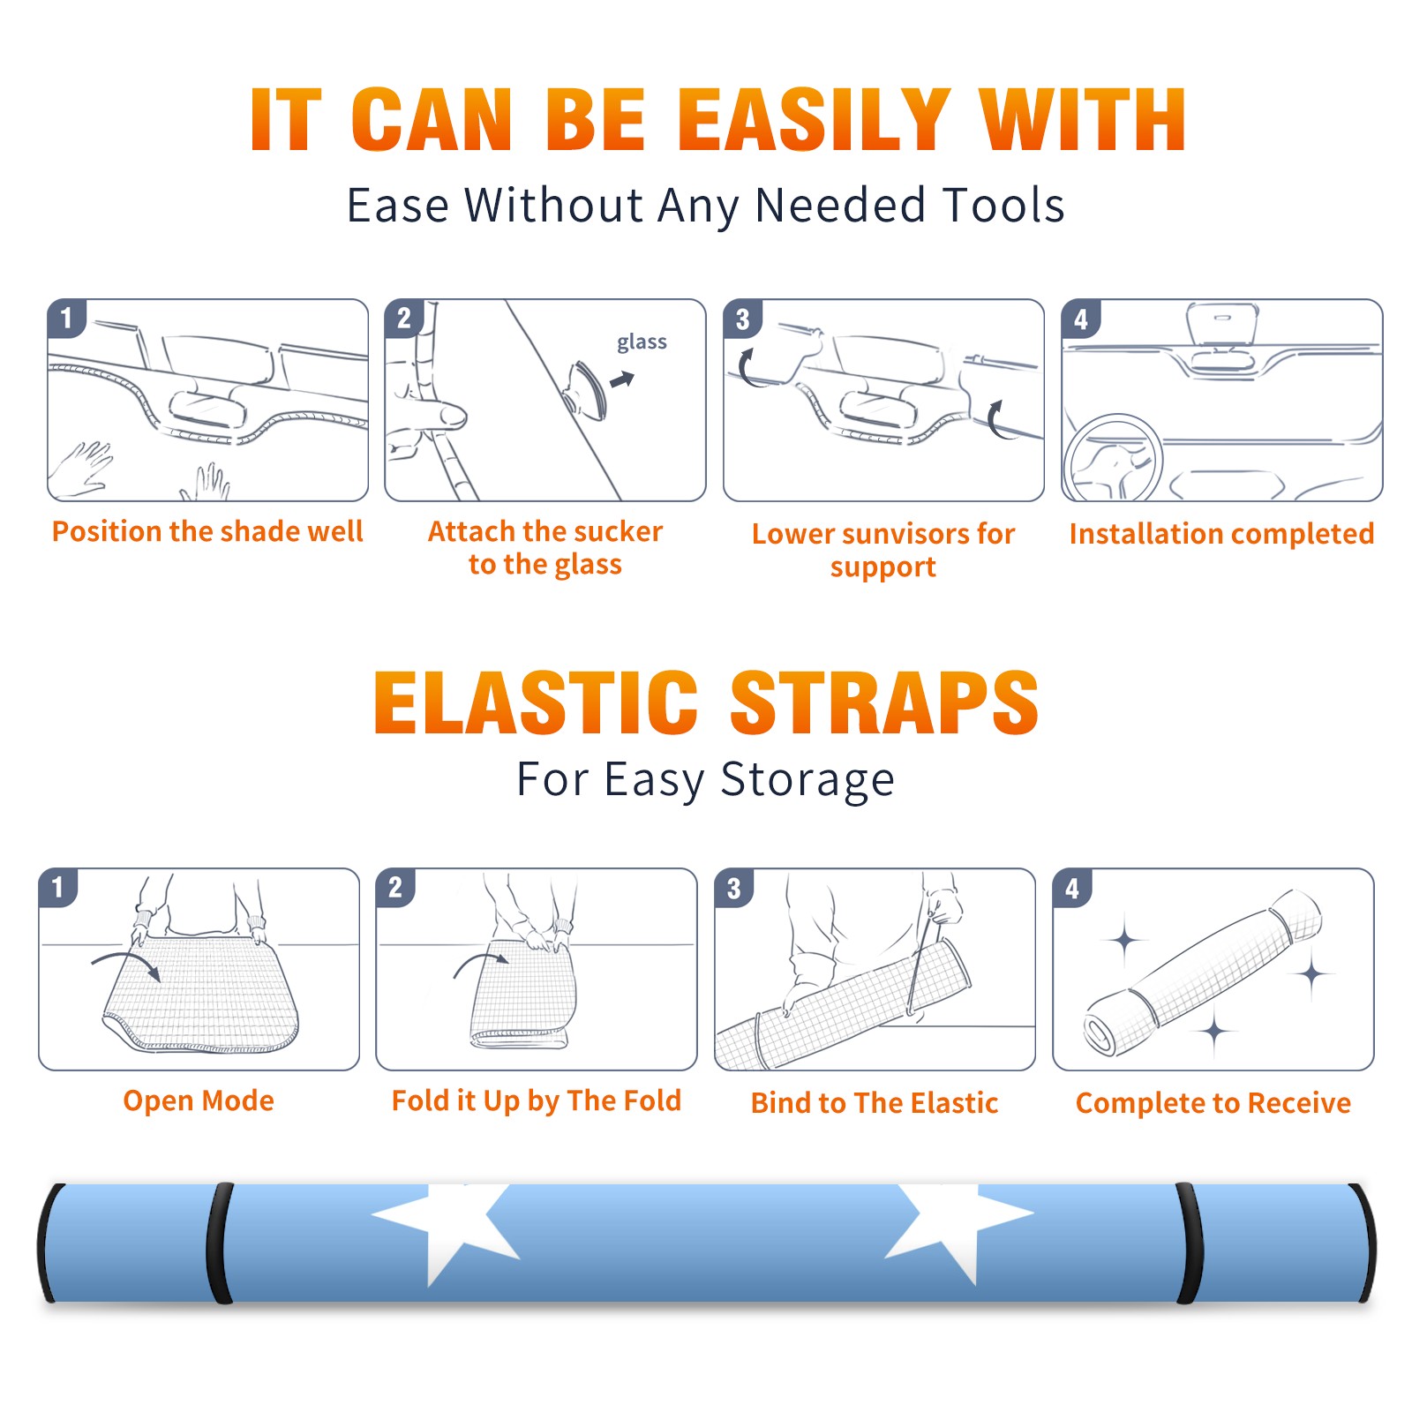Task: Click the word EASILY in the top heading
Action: (x=815, y=120)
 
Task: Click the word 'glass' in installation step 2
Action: (x=642, y=342)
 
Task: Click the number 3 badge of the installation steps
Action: (x=743, y=319)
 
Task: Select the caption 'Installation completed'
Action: (x=1221, y=534)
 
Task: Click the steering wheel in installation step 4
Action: (x=1112, y=459)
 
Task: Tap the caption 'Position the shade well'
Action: (x=207, y=531)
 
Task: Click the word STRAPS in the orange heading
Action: (x=884, y=702)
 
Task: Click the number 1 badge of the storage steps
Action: (x=58, y=888)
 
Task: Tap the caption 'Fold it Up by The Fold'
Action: (x=537, y=1100)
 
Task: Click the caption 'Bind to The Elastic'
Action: (x=875, y=1103)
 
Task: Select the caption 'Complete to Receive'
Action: (x=1213, y=1103)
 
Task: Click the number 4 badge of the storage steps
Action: (x=1072, y=888)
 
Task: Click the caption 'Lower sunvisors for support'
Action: (x=883, y=550)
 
